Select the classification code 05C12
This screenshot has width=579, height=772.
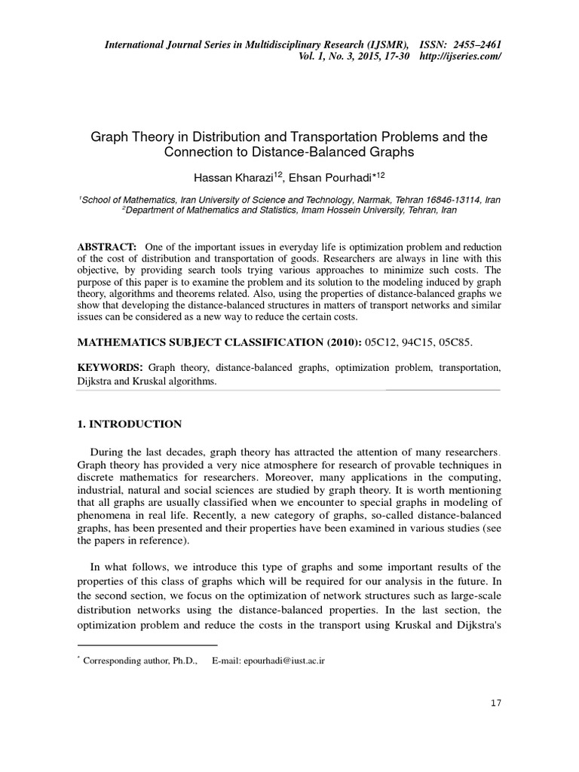pos(381,342)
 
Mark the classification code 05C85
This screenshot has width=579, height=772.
pos(455,342)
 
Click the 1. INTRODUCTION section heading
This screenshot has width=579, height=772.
pos(130,424)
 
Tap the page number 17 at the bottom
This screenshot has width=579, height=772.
pos(495,703)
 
